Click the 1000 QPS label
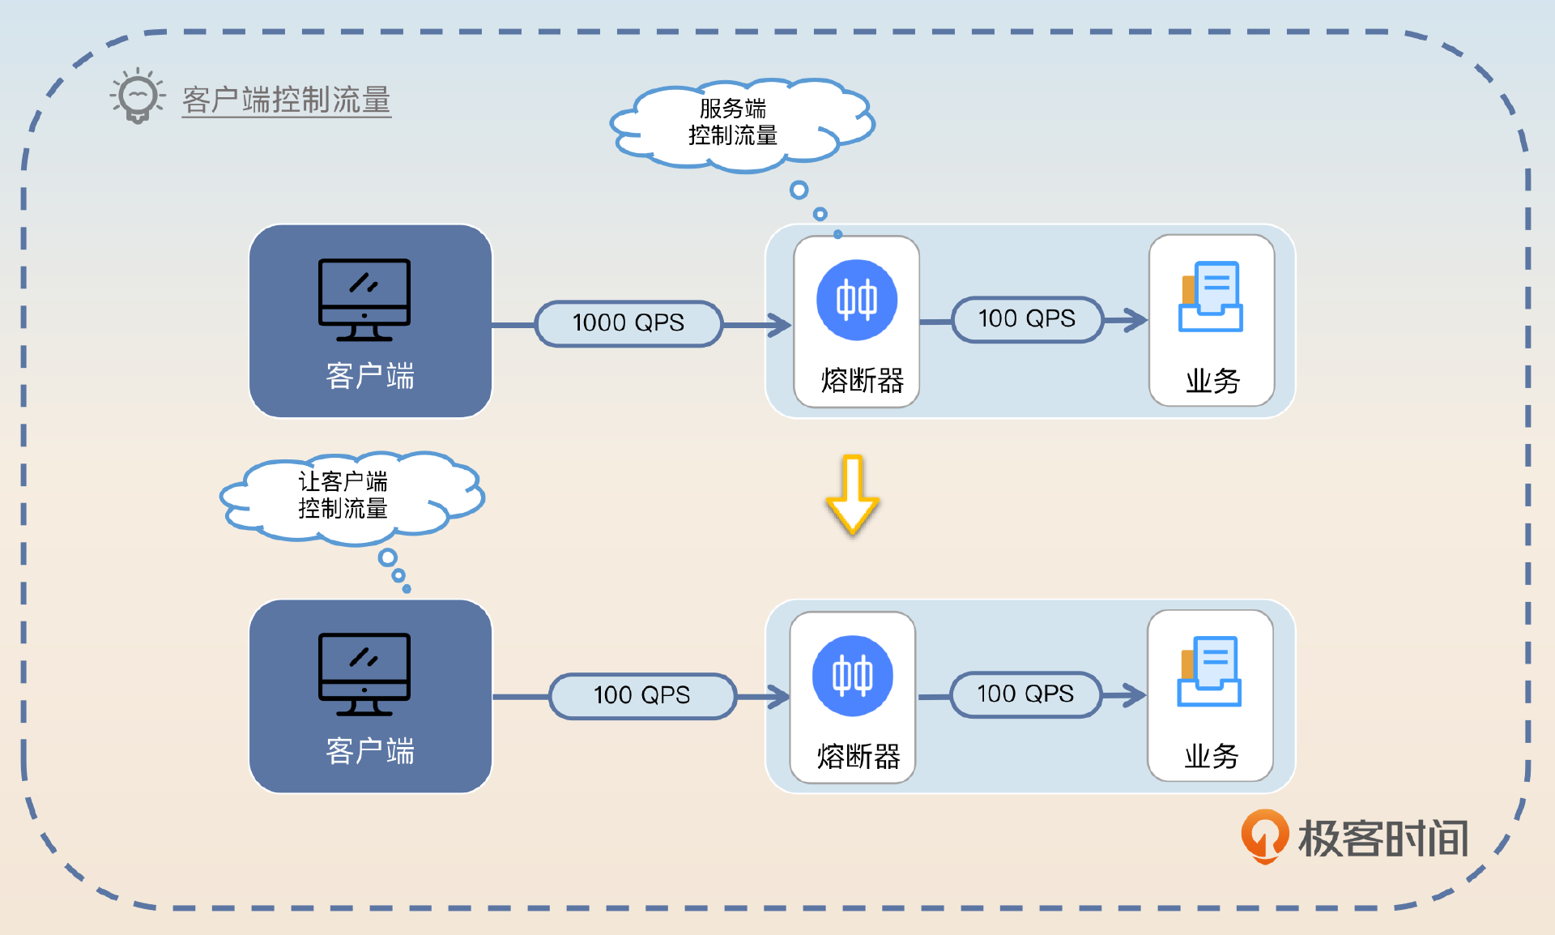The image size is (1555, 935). point(628,323)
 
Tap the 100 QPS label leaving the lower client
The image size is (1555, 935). point(642,695)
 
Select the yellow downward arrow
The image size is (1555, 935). point(852,494)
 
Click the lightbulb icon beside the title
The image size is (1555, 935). point(138,96)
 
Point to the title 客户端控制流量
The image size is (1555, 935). point(287,100)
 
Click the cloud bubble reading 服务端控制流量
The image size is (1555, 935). point(734,123)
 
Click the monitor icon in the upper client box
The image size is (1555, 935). point(364,300)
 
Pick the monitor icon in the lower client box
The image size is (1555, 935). point(364,674)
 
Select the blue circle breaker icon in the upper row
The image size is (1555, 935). point(857,300)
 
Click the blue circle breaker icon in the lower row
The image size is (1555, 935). point(853,676)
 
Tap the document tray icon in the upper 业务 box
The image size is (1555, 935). point(1211,297)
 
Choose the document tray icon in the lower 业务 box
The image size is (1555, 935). point(1209,672)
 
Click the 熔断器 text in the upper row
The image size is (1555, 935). point(862,381)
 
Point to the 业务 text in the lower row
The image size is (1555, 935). point(1212,757)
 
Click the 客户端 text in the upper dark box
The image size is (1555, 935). point(370,377)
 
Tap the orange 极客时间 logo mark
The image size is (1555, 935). point(1264,835)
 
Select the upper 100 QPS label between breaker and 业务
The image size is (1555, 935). point(1027,319)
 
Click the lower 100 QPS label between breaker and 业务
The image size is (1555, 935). point(1025,694)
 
